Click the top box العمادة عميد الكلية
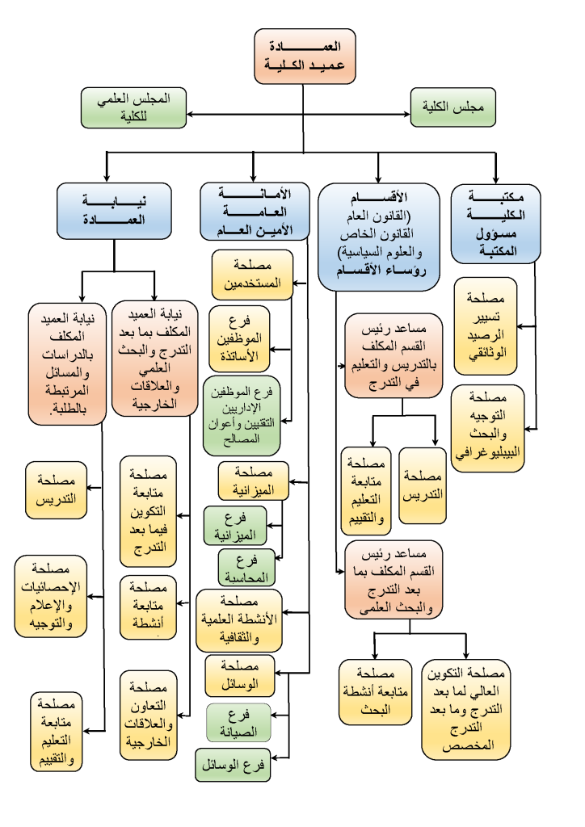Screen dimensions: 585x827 305,56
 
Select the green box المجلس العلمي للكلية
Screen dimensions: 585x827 133,107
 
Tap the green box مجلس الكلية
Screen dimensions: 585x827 453,107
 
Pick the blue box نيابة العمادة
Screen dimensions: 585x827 114,211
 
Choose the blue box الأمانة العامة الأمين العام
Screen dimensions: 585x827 255,212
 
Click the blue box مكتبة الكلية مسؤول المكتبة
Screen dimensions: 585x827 496,224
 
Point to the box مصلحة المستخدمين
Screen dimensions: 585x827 252,275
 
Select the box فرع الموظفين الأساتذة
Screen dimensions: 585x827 239,338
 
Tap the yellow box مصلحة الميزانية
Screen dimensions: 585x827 254,481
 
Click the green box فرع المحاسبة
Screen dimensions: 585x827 246,568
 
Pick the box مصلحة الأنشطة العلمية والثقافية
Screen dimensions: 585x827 239,620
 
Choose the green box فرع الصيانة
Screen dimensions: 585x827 238,723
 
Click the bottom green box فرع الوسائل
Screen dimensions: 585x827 233,765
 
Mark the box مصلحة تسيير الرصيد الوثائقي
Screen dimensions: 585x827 486,326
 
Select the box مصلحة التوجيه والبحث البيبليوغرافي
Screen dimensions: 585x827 488,428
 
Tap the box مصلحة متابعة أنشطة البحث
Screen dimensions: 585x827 375,692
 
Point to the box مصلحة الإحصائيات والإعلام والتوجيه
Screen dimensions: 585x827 51,596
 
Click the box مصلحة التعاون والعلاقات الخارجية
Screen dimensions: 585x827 148,716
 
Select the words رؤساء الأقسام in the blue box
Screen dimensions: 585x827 381,271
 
